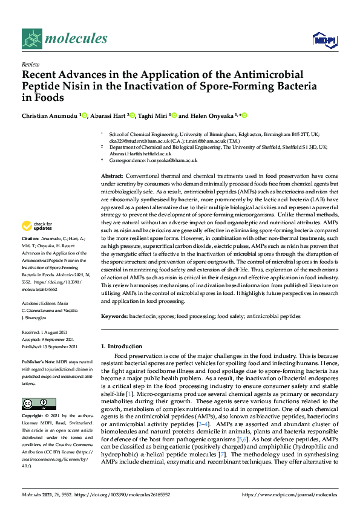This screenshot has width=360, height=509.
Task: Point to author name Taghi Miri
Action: point(151,115)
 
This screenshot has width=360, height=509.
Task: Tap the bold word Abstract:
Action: point(114,175)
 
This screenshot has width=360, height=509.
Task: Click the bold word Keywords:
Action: point(116,316)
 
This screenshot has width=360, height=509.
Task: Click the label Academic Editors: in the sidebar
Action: point(40,303)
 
